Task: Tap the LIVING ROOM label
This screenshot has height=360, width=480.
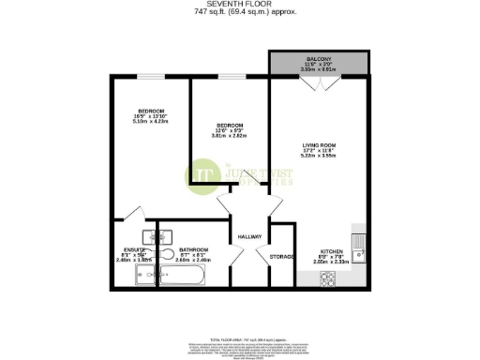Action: coord(319,144)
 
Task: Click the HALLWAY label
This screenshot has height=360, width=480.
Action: coord(248,236)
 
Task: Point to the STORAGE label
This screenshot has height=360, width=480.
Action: coord(282,255)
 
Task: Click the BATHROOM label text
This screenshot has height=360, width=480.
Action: coord(193,249)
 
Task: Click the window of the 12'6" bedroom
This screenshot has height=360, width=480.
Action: coord(232,78)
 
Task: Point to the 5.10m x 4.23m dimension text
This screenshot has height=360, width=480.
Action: coord(150,121)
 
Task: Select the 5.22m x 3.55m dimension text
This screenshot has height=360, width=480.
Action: coord(319,157)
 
